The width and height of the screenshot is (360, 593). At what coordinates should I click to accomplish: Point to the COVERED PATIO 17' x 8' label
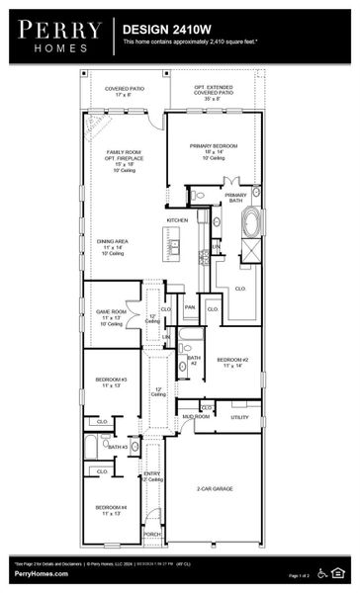124,91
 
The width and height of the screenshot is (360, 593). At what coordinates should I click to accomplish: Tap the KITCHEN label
177,219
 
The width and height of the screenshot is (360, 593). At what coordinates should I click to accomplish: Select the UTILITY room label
239,417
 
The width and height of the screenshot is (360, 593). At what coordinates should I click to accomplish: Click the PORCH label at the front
152,534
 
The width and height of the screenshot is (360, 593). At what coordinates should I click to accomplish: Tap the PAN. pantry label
190,307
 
